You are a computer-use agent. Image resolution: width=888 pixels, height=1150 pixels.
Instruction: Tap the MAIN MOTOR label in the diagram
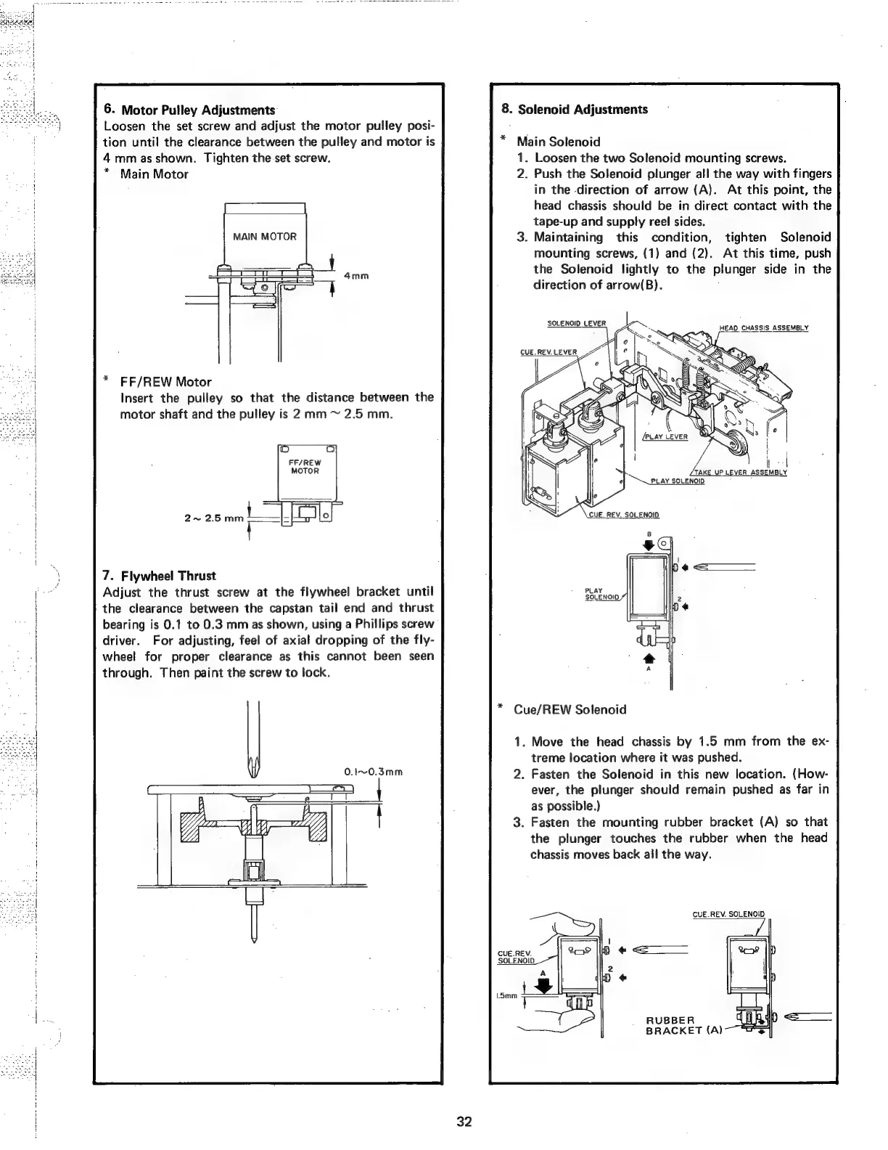pos(264,237)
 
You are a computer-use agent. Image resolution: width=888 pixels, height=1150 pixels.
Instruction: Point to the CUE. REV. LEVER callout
pos(548,354)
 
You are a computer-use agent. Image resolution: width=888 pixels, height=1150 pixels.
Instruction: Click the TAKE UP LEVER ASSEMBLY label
pos(740,472)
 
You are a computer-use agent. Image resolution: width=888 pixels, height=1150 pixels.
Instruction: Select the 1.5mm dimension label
pos(506,996)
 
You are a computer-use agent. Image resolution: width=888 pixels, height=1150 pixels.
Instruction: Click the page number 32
pos(464,1122)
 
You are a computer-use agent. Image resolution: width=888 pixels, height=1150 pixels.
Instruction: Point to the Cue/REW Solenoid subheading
pos(570,709)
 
